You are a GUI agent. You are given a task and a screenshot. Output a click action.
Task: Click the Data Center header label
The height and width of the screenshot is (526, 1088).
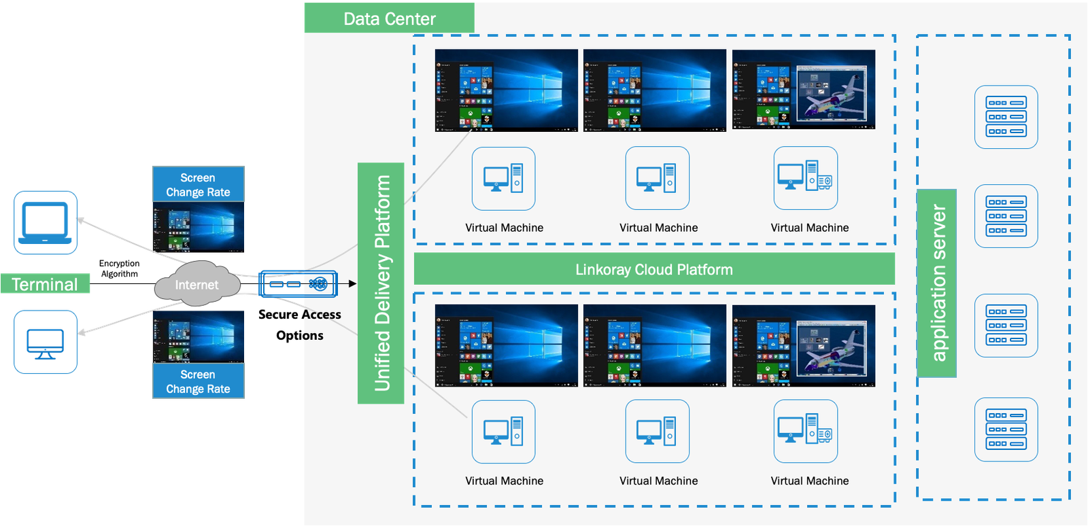[x=389, y=18]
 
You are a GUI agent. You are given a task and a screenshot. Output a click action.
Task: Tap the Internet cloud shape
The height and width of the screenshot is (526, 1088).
[x=197, y=285]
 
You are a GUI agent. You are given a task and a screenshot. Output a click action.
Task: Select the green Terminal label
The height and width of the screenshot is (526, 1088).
[x=45, y=284]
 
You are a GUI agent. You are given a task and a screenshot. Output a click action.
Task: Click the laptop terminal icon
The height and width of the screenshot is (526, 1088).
[x=46, y=223]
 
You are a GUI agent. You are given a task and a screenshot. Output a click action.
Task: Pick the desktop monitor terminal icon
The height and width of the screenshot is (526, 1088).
[x=46, y=342]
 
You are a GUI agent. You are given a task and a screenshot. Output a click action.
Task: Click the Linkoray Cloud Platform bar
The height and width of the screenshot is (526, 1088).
[x=654, y=269]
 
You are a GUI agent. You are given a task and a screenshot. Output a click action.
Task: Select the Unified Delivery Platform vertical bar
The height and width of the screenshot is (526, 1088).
[x=381, y=283]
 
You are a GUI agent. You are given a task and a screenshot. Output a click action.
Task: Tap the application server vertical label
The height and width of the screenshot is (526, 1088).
[x=937, y=283]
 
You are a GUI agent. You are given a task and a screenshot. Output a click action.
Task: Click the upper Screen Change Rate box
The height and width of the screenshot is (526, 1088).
[x=198, y=184]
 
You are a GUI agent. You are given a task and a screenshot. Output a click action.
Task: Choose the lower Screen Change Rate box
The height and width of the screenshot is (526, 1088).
[x=198, y=381]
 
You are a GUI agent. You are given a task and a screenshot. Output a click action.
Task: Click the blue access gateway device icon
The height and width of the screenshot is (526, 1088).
[x=298, y=284]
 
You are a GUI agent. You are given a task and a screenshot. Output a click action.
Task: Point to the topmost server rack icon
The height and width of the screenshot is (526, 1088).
[x=1006, y=117]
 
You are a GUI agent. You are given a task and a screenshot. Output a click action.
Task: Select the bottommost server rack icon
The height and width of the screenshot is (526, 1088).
[x=1006, y=429]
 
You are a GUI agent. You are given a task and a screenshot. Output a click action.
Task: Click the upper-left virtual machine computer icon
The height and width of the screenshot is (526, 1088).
[x=503, y=178]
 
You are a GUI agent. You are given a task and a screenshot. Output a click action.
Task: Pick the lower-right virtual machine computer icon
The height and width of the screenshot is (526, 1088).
[x=805, y=431]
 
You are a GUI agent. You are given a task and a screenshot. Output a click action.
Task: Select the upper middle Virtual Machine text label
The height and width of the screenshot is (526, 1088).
[x=658, y=228]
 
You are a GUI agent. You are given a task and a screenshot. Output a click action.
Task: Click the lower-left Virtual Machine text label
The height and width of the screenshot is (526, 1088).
[x=504, y=480]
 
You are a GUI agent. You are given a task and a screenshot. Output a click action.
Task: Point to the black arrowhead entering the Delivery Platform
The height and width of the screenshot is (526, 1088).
[x=352, y=283]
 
